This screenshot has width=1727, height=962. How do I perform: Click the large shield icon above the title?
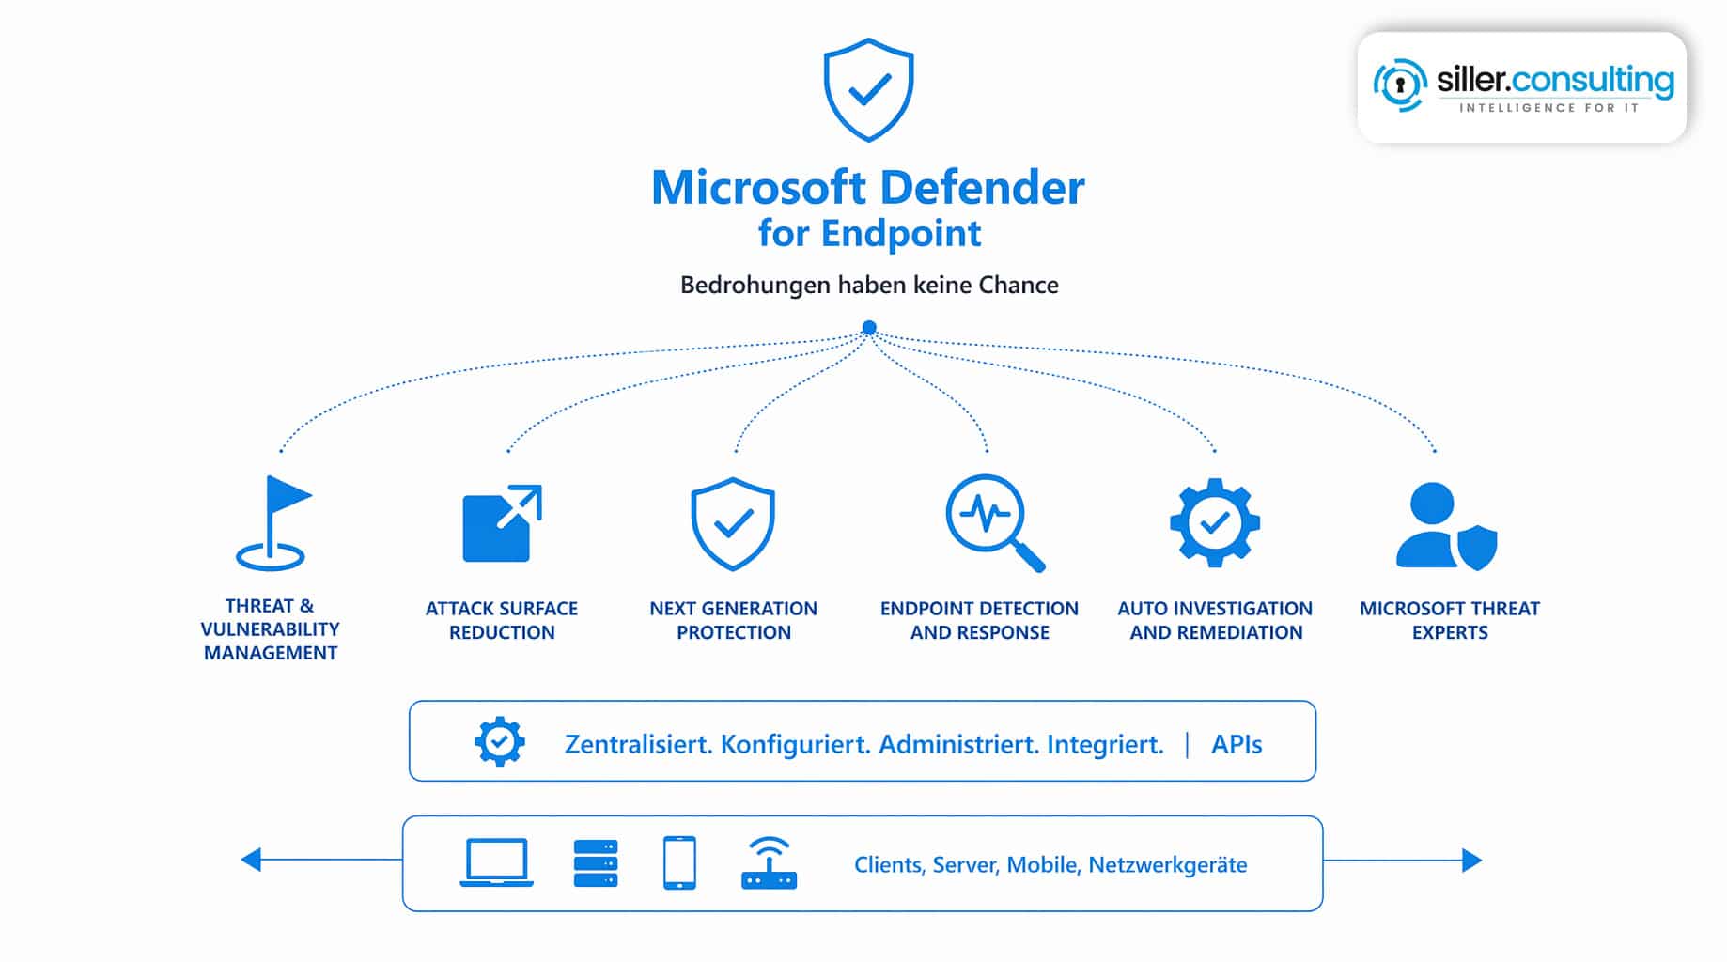click(x=868, y=90)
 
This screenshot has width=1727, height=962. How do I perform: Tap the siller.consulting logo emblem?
click(x=1400, y=85)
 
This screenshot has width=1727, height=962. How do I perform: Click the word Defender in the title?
click(x=982, y=188)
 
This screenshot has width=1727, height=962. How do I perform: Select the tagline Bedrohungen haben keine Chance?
click(x=869, y=285)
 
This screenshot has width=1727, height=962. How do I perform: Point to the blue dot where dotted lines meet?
click(x=869, y=328)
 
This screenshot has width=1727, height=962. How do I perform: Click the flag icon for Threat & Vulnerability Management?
click(x=272, y=523)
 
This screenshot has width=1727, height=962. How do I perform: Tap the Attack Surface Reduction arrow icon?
click(x=502, y=523)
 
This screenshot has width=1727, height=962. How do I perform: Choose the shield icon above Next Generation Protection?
click(x=733, y=523)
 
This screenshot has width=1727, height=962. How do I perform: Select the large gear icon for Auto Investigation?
click(x=1214, y=522)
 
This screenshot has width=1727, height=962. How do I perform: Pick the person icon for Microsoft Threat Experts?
click(x=1445, y=526)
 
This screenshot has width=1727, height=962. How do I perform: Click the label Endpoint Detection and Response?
click(x=979, y=620)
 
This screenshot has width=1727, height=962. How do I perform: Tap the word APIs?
click(x=1237, y=744)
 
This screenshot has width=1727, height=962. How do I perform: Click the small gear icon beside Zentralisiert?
click(x=500, y=742)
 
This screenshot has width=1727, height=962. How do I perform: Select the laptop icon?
click(x=496, y=861)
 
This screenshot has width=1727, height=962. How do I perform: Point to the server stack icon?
click(x=596, y=863)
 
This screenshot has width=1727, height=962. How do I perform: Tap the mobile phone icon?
click(x=679, y=862)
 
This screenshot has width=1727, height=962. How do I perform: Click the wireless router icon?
click(x=769, y=864)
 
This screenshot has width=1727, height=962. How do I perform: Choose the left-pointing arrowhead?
click(x=251, y=860)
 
